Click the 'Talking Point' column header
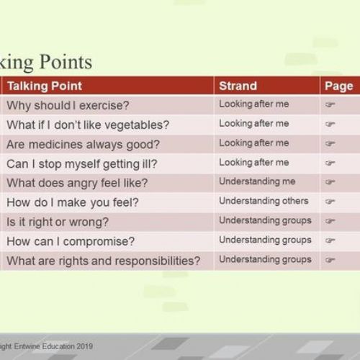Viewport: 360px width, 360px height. [x=45, y=86]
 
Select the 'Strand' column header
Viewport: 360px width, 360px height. [x=238, y=86]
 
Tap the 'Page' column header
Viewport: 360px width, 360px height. [x=339, y=86]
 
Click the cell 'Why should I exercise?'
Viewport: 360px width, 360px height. [x=68, y=106]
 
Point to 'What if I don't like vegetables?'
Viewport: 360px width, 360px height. [x=88, y=125]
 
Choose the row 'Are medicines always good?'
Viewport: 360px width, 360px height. [x=83, y=145]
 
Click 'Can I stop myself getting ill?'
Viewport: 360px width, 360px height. [x=82, y=164]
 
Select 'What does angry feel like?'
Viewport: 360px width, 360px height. [x=77, y=183]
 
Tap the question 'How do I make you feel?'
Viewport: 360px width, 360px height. [x=73, y=202]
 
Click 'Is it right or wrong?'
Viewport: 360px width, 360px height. [x=58, y=222]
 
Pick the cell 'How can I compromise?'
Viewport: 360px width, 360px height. [x=71, y=241]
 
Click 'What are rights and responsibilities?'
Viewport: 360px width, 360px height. [x=104, y=261]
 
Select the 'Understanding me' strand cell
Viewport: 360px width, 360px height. [x=257, y=181]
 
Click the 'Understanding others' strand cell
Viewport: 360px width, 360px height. [x=264, y=201]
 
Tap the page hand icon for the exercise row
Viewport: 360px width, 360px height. [x=330, y=104]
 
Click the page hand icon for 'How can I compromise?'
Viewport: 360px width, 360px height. [x=330, y=240]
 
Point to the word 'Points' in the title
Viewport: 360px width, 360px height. [x=66, y=62]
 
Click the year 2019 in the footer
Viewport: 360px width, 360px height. [x=85, y=346]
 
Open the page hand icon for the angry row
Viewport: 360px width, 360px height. [x=330, y=181]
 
